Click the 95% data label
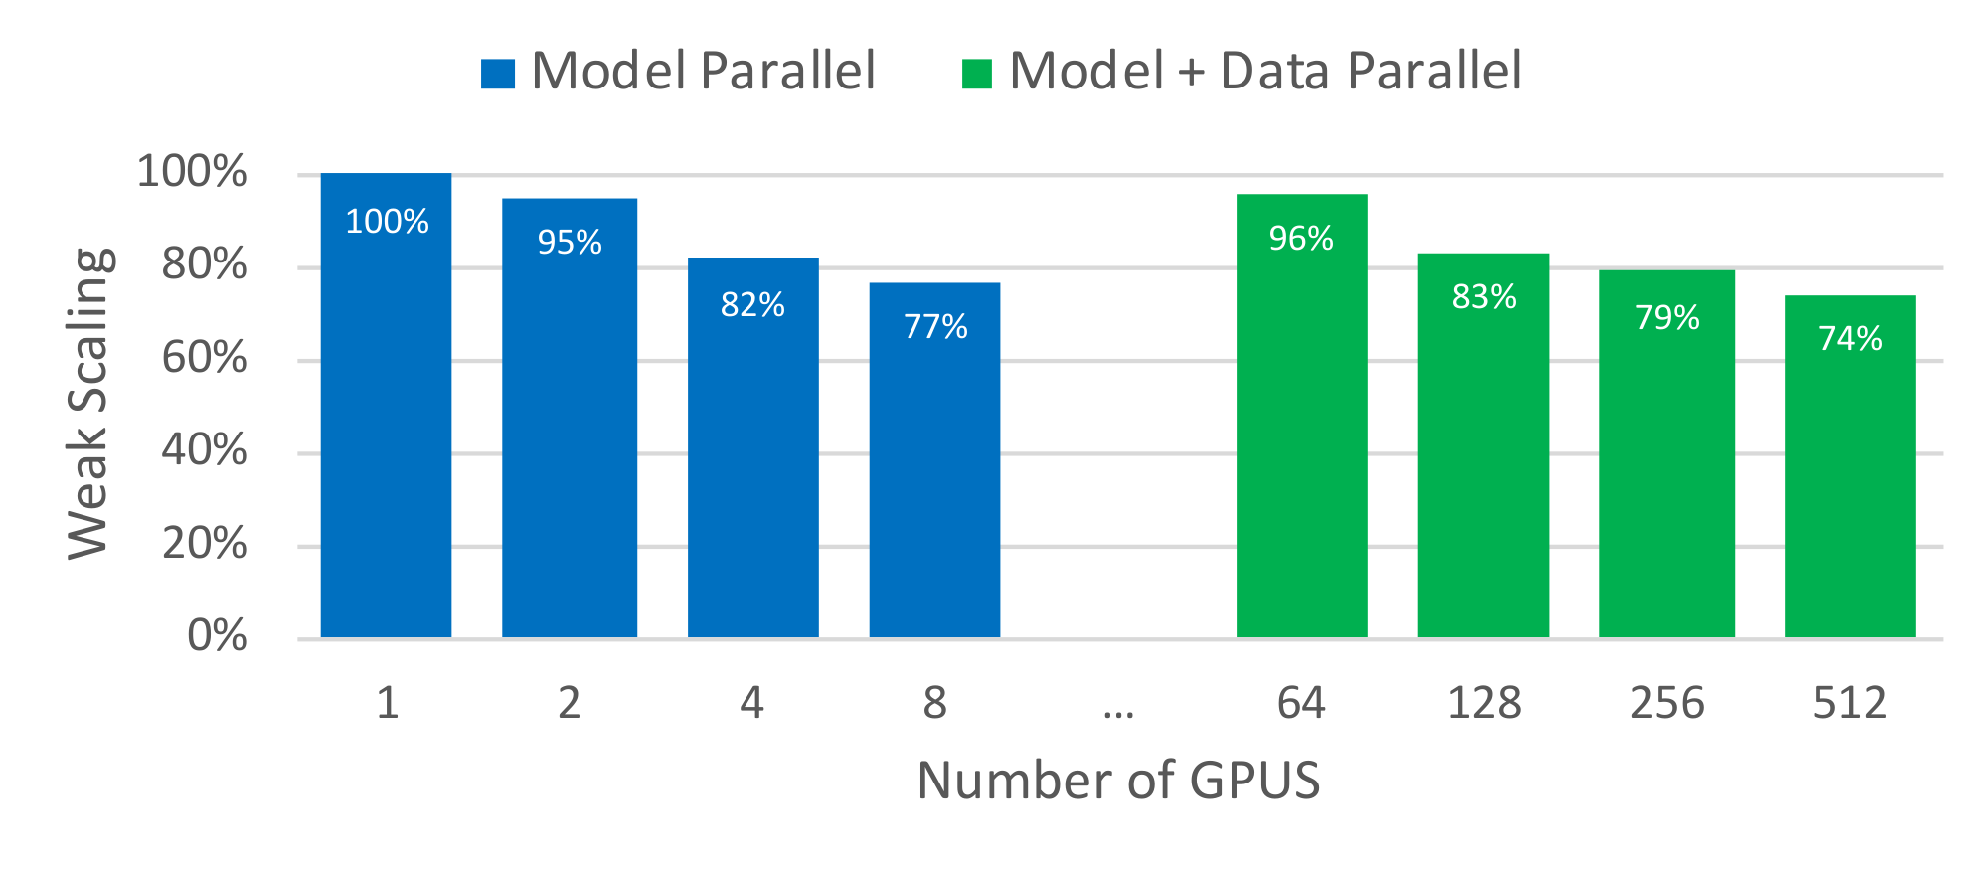click(x=570, y=243)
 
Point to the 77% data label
click(x=935, y=327)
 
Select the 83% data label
click(x=1484, y=297)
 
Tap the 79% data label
click(x=1667, y=318)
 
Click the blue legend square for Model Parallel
click(x=497, y=74)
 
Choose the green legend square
click(x=976, y=74)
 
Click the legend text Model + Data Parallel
click(x=1264, y=72)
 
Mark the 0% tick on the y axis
click(x=217, y=636)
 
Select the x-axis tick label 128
click(x=1484, y=704)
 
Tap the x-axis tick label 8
click(x=934, y=704)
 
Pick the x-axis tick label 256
click(x=1667, y=704)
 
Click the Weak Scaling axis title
click(x=89, y=403)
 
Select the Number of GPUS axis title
click(x=1118, y=781)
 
